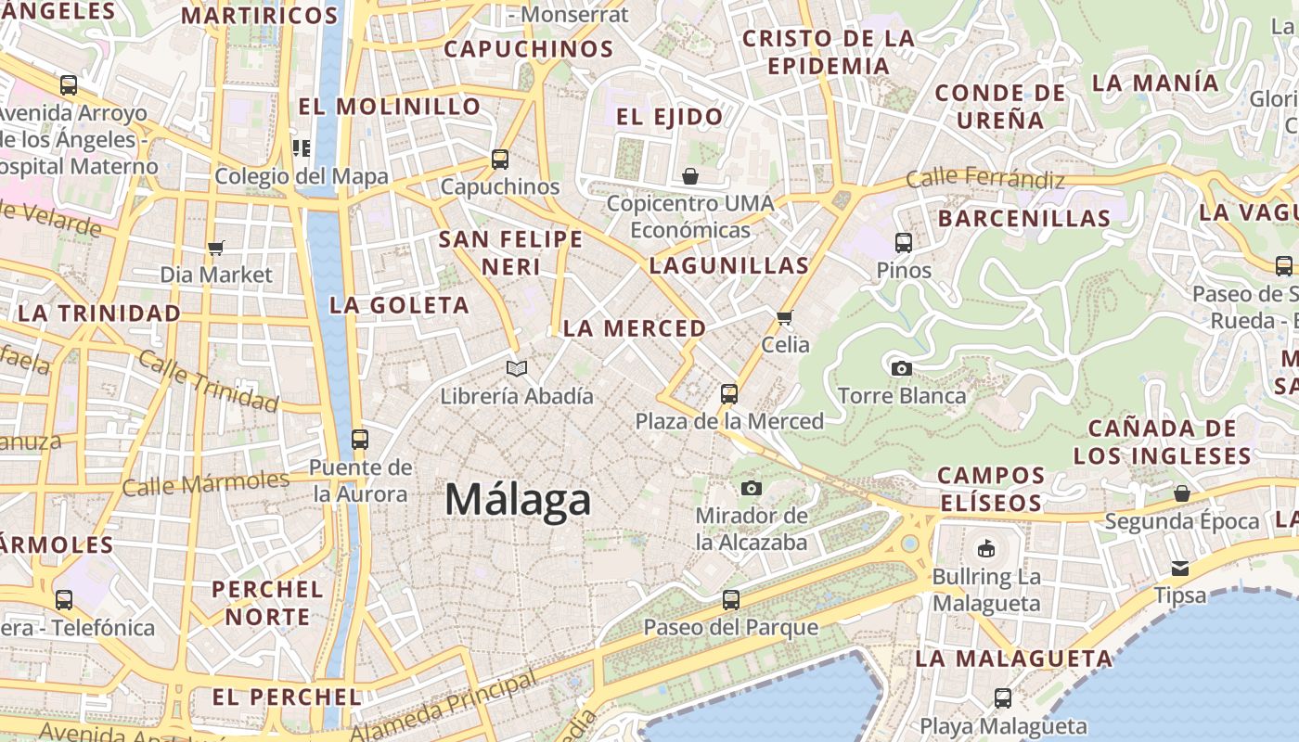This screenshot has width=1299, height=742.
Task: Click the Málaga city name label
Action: click(x=518, y=500)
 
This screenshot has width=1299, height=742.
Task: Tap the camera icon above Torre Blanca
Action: click(x=901, y=368)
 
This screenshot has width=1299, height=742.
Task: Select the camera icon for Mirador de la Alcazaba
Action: click(x=752, y=488)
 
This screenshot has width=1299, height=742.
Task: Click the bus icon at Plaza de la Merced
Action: click(x=729, y=394)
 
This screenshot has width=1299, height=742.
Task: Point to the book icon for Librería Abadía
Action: click(x=517, y=368)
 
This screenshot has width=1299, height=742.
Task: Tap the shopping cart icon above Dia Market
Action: click(x=216, y=248)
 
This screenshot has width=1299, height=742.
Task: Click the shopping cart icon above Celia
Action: click(x=785, y=317)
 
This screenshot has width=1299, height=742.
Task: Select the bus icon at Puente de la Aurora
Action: click(x=360, y=439)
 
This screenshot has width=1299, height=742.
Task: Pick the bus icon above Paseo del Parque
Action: click(x=731, y=599)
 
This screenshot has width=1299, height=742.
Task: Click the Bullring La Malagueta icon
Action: click(x=986, y=548)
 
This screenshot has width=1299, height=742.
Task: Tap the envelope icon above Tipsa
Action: click(x=1180, y=568)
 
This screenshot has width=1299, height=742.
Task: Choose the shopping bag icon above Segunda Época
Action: click(x=1181, y=493)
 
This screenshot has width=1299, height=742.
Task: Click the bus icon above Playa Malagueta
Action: click(x=1002, y=697)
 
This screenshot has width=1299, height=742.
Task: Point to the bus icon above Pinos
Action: click(x=904, y=243)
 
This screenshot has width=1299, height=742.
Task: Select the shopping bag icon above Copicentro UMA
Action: click(x=690, y=175)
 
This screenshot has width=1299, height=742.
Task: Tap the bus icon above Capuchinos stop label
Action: click(x=500, y=160)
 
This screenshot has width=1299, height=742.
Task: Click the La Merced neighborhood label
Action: click(x=635, y=328)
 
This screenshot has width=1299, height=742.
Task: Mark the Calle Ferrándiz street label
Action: click(x=985, y=177)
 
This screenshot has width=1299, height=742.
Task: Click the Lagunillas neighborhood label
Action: click(x=729, y=265)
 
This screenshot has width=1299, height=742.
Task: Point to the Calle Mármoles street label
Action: click(x=206, y=483)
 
